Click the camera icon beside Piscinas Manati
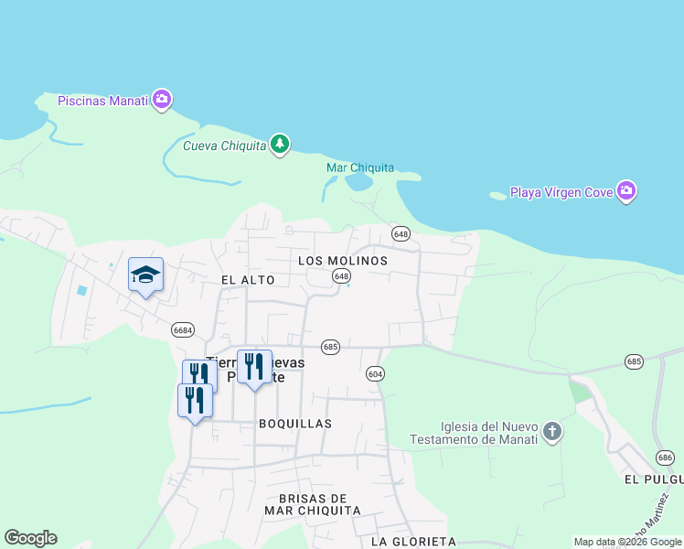162,100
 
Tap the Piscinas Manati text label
102,101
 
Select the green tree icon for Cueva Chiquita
280,145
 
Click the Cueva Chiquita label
224,145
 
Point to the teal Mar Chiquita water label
360,167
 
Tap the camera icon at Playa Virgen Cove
626,191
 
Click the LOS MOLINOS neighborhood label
343,261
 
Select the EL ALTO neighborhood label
241,279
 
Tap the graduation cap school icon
145,274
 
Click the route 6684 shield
182,329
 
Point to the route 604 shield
375,373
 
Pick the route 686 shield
665,457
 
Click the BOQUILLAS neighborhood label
294,424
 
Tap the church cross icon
551,431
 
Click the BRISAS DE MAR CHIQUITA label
313,503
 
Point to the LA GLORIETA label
413,542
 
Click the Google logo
30,538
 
